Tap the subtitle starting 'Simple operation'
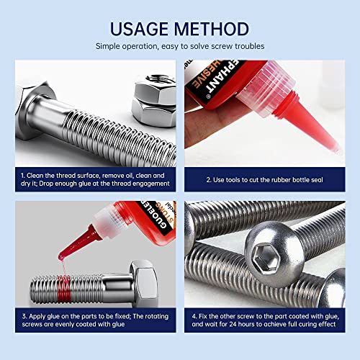[x=180, y=46]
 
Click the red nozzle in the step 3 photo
[x=76, y=238]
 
